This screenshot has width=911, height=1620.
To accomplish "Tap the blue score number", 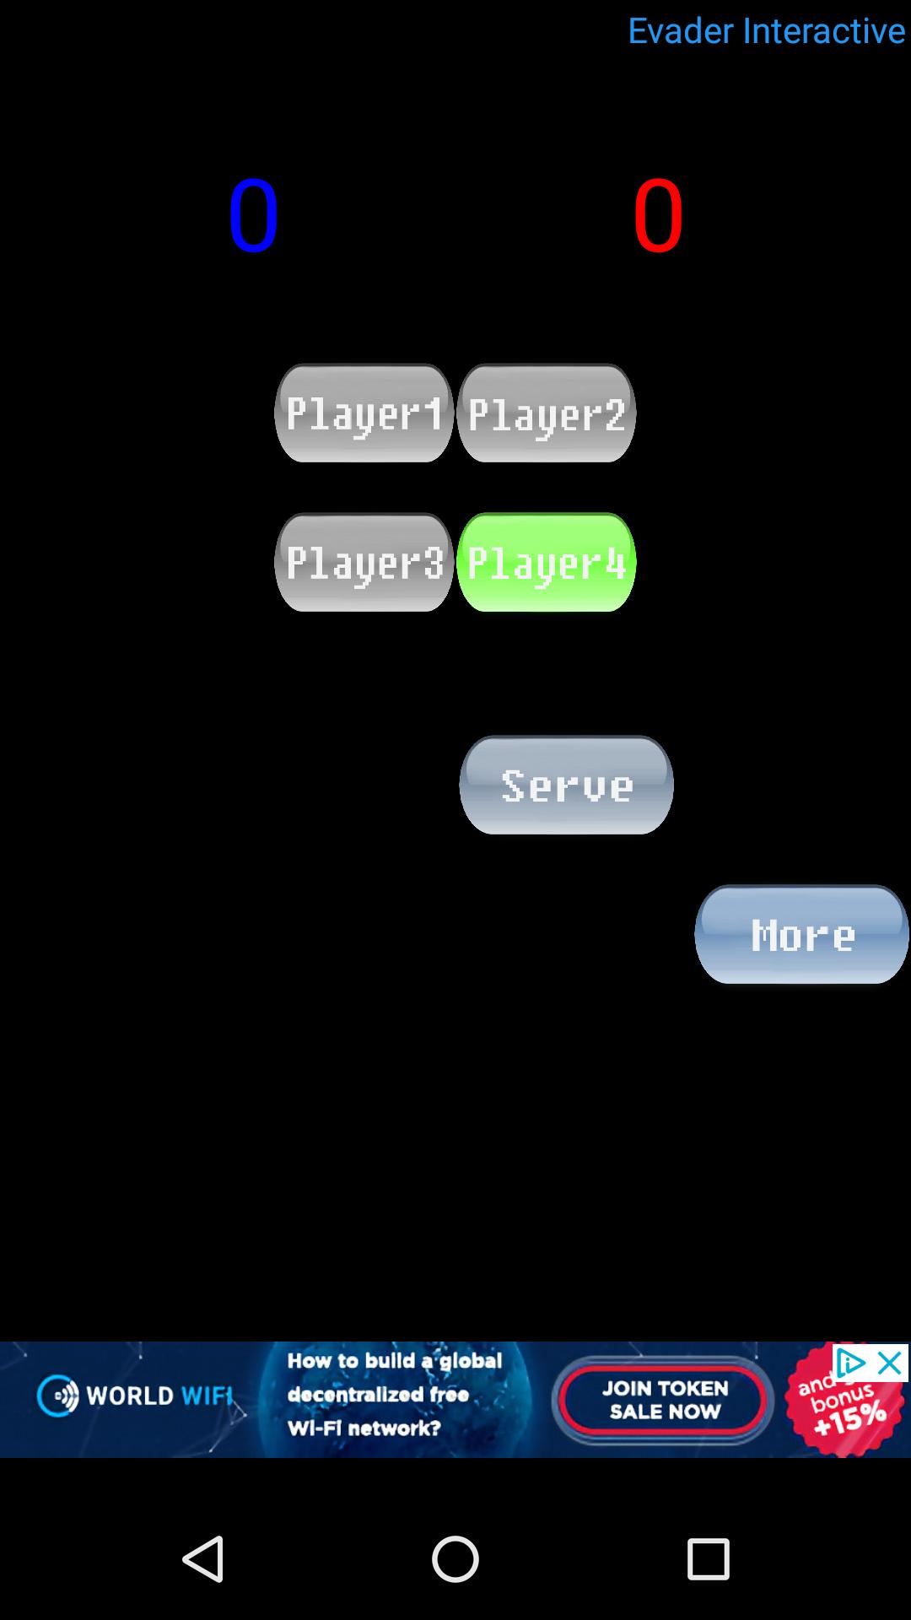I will coord(253,216).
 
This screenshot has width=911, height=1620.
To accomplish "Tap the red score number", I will coord(658,216).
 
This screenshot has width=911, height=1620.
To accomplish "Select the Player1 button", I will coord(364,413).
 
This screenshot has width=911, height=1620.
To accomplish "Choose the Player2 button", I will coord(547,413).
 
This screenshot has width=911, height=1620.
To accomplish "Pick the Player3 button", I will coord(364,562).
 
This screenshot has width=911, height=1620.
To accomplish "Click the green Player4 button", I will coord(547,562).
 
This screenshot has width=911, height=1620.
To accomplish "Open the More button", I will coord(801,934).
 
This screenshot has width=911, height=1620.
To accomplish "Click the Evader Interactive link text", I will coord(766,31).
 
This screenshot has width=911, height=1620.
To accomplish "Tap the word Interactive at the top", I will coord(824,31).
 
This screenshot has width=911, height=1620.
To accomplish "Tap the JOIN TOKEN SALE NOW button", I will coord(665,1400).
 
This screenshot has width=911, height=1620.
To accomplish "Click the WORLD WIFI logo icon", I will coord(57,1396).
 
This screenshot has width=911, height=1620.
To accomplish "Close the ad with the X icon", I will coord(891,1363).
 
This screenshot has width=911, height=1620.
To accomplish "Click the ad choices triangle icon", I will coord(850,1363).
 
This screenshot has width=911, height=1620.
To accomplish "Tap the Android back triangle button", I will coord(203,1558).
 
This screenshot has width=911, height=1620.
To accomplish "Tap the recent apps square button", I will coord(708,1558).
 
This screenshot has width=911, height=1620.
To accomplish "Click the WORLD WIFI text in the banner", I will coord(159,1396).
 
